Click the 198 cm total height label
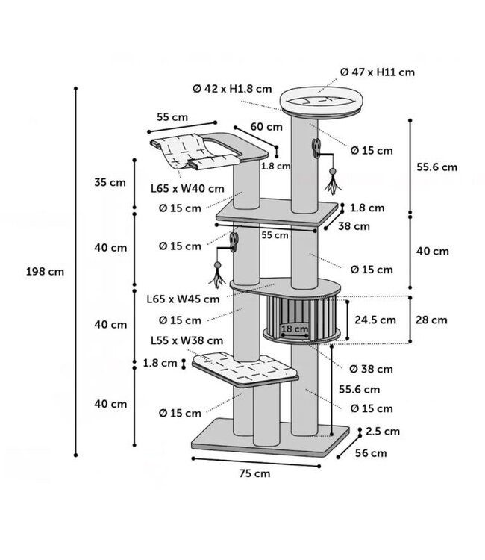(x=45, y=272)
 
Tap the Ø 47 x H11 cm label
(x=378, y=72)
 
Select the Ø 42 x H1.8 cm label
(x=232, y=89)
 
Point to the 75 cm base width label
(x=255, y=473)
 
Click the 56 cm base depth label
(x=371, y=453)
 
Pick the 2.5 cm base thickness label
(x=383, y=432)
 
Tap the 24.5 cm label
(x=375, y=320)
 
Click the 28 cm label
(x=431, y=320)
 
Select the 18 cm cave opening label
(x=295, y=329)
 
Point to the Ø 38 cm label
(x=371, y=369)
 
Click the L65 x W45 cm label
(x=183, y=299)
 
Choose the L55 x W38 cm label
(x=187, y=340)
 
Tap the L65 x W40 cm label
(x=187, y=189)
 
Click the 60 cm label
(x=266, y=127)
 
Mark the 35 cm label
(x=110, y=182)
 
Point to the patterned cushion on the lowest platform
(x=245, y=367)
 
